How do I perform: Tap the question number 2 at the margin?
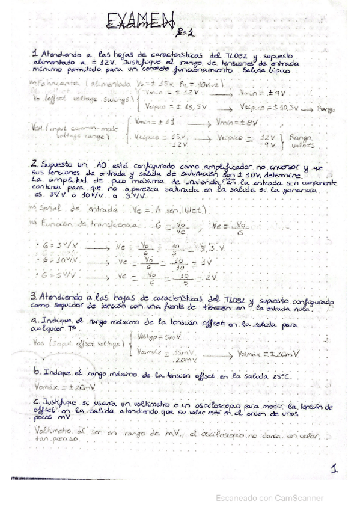[35, 163]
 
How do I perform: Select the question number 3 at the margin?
[34, 296]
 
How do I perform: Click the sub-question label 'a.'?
[35, 321]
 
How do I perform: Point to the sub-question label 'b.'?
[37, 373]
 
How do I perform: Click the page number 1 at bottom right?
[334, 469]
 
